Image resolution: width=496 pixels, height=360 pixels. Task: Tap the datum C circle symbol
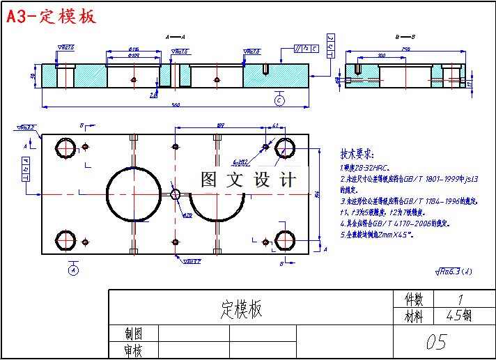coord(279,100)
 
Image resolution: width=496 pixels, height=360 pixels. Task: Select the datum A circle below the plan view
coord(73,270)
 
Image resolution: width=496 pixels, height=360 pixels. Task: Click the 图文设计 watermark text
coord(249,180)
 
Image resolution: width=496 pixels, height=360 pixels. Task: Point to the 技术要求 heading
coord(357,154)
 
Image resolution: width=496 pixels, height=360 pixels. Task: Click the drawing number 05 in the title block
coord(435,341)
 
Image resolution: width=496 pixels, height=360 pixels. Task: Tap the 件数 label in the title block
coord(414,299)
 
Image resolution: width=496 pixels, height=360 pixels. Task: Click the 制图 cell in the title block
coord(133,334)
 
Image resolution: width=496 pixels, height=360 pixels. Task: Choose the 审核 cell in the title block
coord(133,350)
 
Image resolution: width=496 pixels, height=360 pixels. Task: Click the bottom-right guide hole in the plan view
coord(286,240)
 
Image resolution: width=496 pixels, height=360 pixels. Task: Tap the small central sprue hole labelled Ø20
coord(176,194)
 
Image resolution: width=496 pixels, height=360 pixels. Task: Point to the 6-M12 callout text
coord(240,162)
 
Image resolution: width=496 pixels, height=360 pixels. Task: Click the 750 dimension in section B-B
coord(405,49)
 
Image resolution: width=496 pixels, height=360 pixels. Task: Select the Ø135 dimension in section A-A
coord(134,49)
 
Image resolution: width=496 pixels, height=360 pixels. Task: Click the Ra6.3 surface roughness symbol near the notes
coord(452,272)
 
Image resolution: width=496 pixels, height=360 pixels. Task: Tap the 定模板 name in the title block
coord(242,308)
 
